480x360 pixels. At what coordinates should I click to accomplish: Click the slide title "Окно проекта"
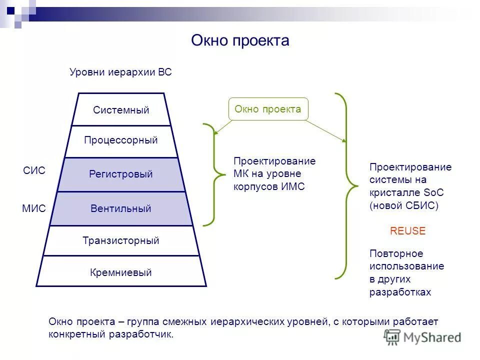click(240, 40)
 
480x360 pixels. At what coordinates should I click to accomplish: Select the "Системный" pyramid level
click(121, 110)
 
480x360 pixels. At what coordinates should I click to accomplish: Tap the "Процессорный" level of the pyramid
click(121, 140)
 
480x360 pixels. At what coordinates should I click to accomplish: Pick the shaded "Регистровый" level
click(121, 174)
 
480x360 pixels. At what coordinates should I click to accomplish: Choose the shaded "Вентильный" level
click(121, 208)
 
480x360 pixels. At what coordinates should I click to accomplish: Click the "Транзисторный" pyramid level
click(121, 240)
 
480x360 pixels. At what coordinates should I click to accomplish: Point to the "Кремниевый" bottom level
click(121, 272)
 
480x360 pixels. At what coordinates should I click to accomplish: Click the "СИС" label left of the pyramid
click(34, 171)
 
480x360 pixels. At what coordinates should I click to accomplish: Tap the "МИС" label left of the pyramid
click(34, 208)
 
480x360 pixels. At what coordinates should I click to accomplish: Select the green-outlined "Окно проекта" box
click(268, 109)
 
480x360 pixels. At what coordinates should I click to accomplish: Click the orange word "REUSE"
click(407, 231)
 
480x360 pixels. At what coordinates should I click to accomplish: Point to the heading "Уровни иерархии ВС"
click(120, 72)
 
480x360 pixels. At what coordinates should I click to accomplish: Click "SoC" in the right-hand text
click(434, 192)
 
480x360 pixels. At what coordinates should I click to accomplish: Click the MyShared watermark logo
click(422, 336)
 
